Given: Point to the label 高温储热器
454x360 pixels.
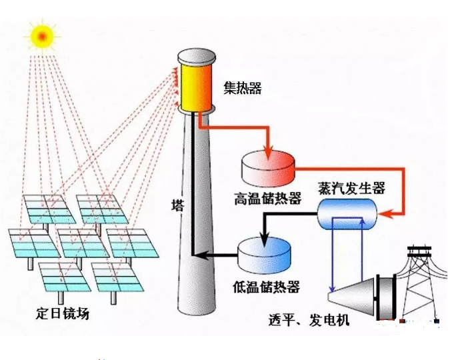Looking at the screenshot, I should (267, 198).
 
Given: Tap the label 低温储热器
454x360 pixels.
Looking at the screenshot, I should (266, 287).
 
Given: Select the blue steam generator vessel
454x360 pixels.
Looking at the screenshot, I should (347, 214).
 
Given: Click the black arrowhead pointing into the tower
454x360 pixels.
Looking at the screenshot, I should (202, 255).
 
